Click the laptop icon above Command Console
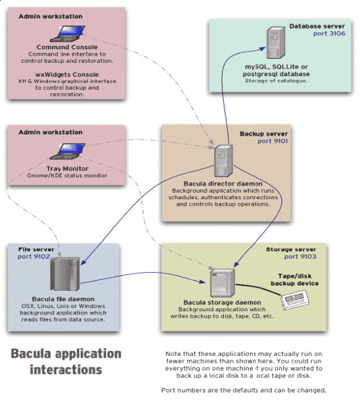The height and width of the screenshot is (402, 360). pyautogui.click(x=68, y=33)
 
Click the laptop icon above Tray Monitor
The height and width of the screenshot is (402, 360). pyautogui.click(x=68, y=151)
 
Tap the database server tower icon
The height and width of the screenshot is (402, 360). pyautogui.click(x=276, y=43)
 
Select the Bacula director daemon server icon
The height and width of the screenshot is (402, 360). pyautogui.click(x=224, y=161)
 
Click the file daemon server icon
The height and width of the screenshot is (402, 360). pyautogui.click(x=65, y=274)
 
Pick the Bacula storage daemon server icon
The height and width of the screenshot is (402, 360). pyautogui.click(x=223, y=283)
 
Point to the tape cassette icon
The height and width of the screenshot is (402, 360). pyautogui.click(x=295, y=300)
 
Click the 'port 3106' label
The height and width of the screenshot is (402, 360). pyautogui.click(x=329, y=33)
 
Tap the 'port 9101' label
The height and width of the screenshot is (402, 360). pyautogui.click(x=272, y=141)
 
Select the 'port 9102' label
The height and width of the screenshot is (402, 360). pyautogui.click(x=34, y=257)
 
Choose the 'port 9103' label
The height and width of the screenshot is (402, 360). pyautogui.click(x=300, y=257)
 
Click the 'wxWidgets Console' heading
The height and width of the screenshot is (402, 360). pyautogui.click(x=67, y=75)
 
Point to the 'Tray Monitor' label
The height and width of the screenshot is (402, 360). pyautogui.click(x=67, y=169)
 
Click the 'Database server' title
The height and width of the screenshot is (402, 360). pyautogui.click(x=317, y=26)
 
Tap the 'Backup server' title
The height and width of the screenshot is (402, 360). pyautogui.click(x=263, y=134)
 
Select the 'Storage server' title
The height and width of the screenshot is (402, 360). pyautogui.click(x=291, y=250)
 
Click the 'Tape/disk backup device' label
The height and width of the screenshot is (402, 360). pyautogui.click(x=295, y=280)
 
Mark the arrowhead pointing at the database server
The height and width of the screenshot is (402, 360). pyautogui.click(x=263, y=49)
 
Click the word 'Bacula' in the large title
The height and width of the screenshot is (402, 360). pyautogui.click(x=31, y=354)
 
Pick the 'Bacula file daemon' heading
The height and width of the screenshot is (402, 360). pyautogui.click(x=63, y=299)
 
